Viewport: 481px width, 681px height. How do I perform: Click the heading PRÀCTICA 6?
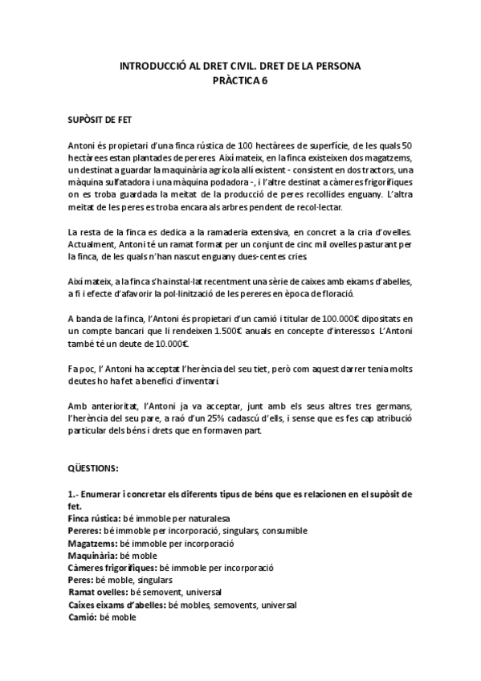240,80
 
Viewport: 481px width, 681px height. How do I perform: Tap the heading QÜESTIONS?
93,467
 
